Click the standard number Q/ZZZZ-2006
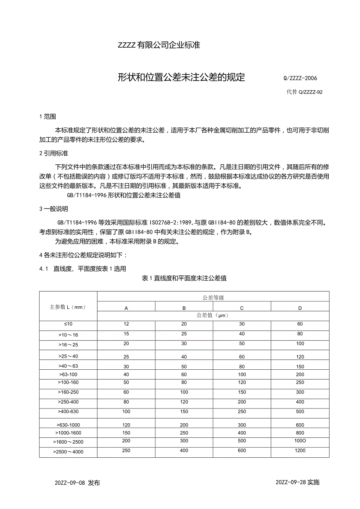click(x=300, y=78)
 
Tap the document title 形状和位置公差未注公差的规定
click(x=181, y=77)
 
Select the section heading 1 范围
click(x=48, y=116)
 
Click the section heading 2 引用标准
click(x=54, y=153)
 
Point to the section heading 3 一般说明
click(x=54, y=209)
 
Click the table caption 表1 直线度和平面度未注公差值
click(x=184, y=278)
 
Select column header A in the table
click(x=126, y=308)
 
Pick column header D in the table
click(x=300, y=308)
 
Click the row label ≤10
click(x=68, y=324)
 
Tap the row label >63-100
click(x=68, y=374)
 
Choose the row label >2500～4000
click(x=68, y=452)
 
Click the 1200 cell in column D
click(x=300, y=450)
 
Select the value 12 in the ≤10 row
click(x=126, y=324)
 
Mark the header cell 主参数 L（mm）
click(x=68, y=307)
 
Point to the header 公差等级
click(x=213, y=298)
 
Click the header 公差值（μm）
click(x=213, y=315)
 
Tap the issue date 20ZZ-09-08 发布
click(x=77, y=482)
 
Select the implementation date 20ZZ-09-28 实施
click(x=297, y=482)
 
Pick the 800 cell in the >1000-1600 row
click(x=300, y=433)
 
